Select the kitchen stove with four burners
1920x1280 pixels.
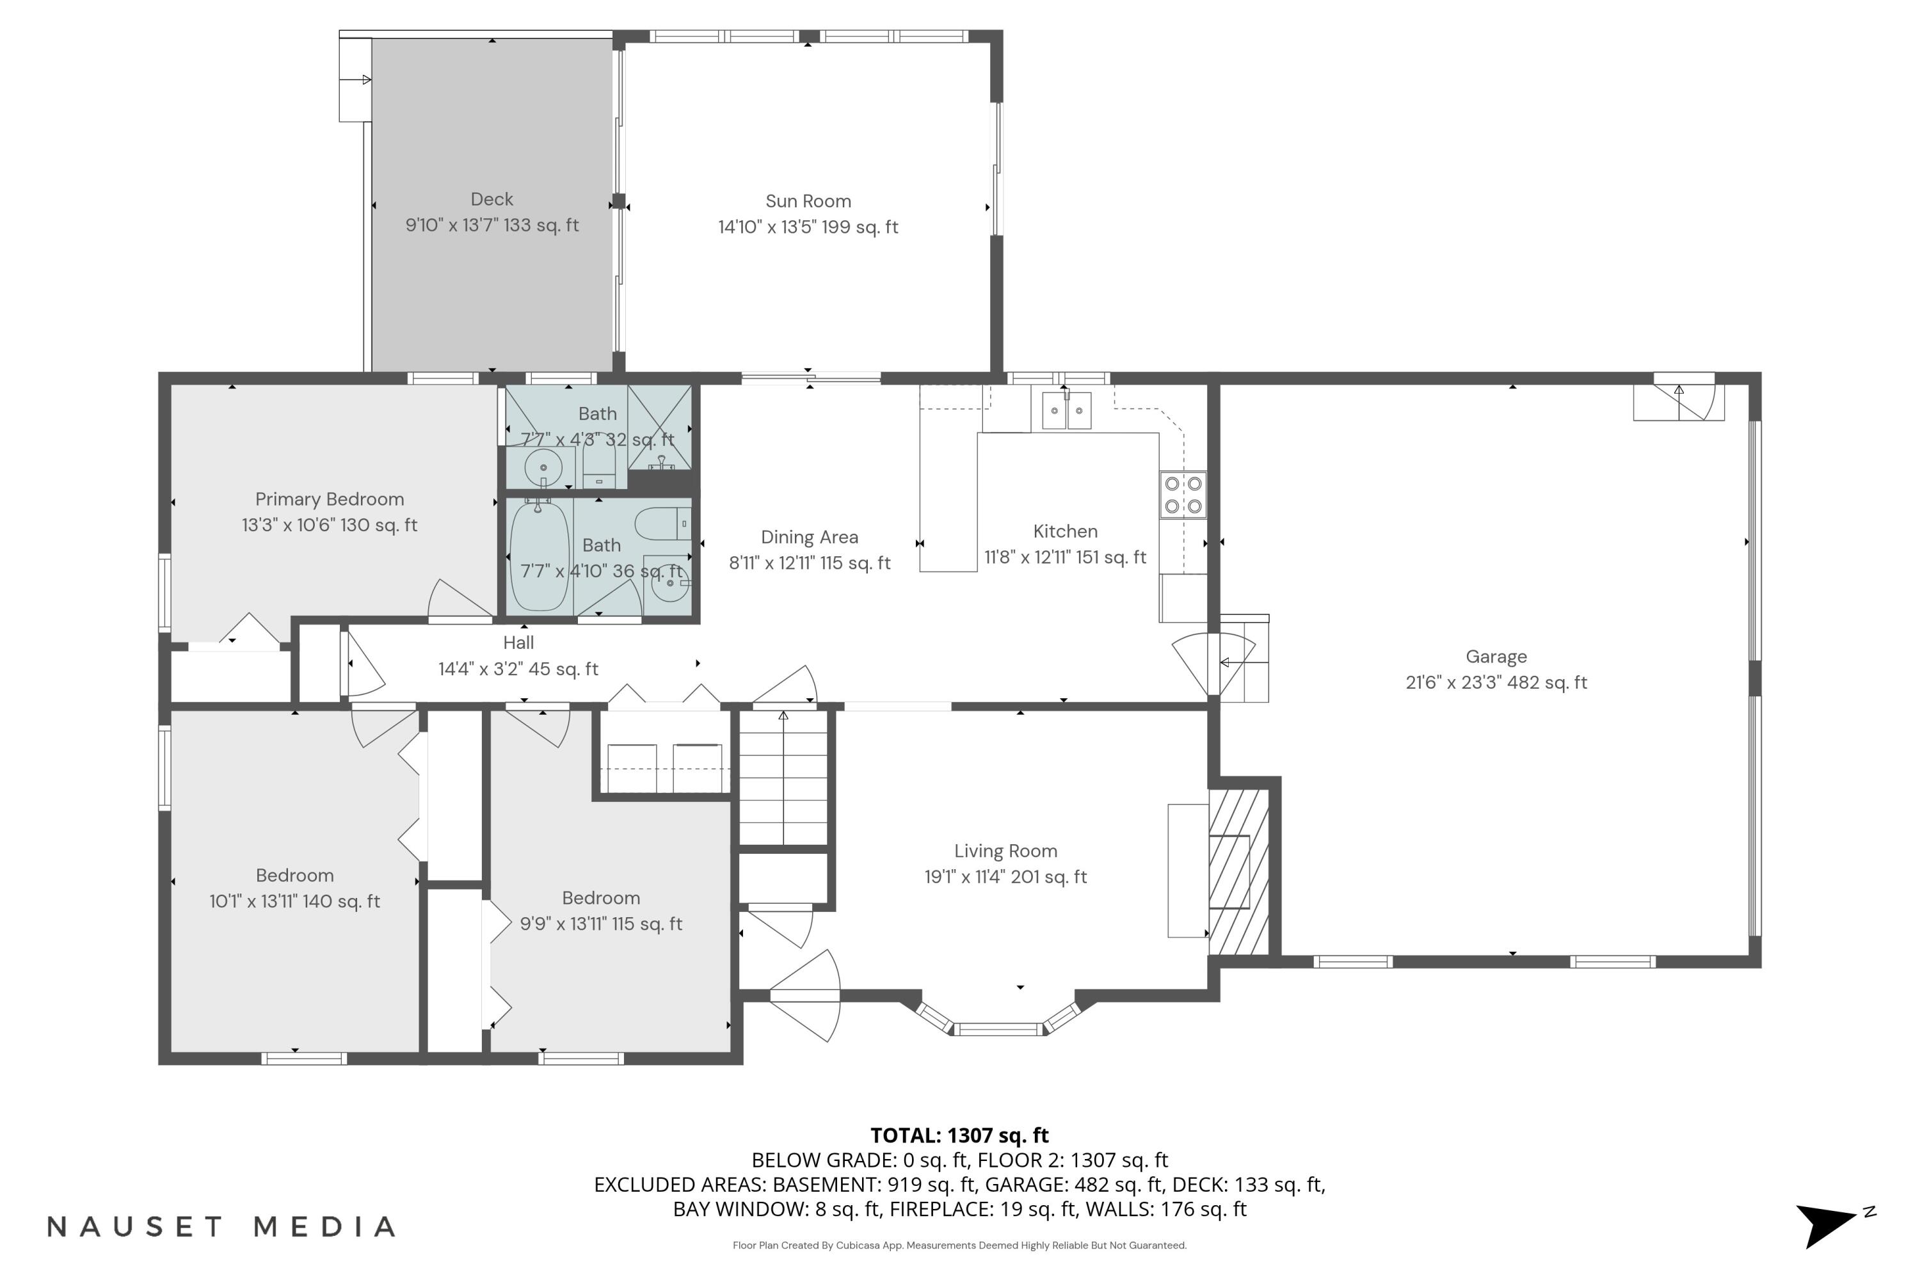click(1183, 495)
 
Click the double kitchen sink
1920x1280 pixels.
click(1066, 411)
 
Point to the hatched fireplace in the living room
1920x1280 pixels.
click(1238, 871)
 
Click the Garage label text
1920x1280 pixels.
click(1496, 657)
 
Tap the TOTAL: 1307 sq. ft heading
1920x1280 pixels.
click(959, 1135)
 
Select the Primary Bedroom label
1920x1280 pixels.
click(329, 499)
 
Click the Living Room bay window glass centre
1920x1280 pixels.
click(1000, 1029)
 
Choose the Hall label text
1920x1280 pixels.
click(518, 643)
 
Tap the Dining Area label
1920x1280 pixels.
click(809, 537)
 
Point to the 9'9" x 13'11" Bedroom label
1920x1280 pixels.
click(601, 898)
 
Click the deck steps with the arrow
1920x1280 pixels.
click(355, 80)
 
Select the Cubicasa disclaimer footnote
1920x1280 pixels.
click(959, 1245)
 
